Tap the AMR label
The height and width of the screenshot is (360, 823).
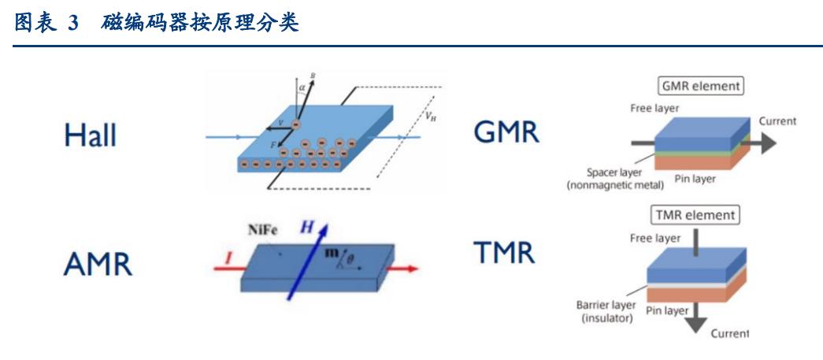coord(98,265)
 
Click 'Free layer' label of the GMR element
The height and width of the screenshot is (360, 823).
coord(654,106)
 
